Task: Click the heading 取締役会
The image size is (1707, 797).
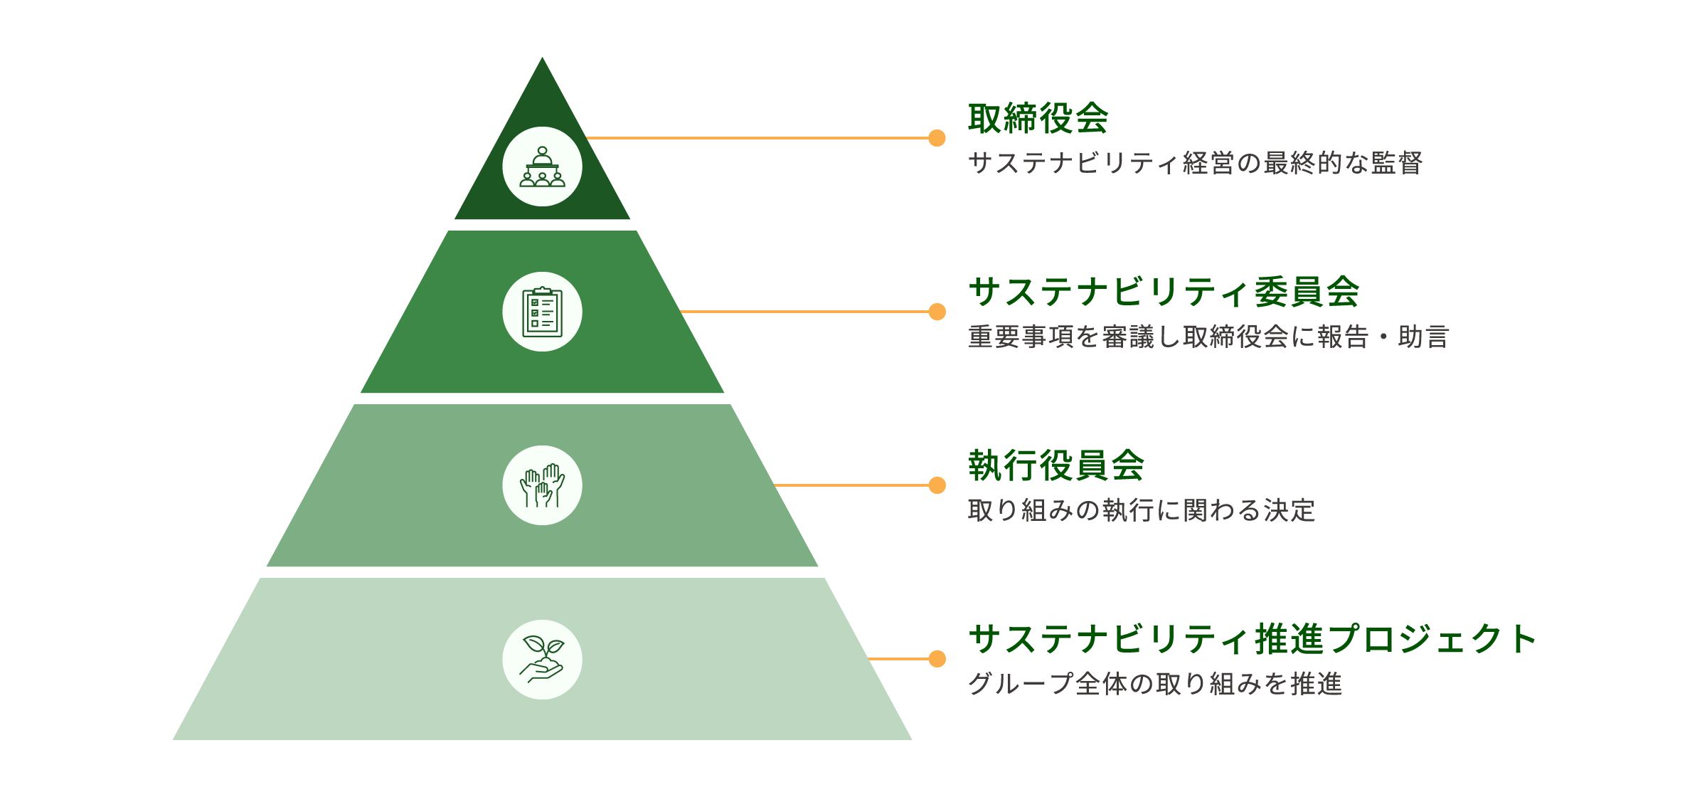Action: [x=1038, y=118]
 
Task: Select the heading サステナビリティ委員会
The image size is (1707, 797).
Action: [x=1164, y=292]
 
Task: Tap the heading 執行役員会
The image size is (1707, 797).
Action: [x=1056, y=465]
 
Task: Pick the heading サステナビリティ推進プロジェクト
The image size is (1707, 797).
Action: [x=1253, y=639]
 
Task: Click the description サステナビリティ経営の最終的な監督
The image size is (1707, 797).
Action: [x=1196, y=163]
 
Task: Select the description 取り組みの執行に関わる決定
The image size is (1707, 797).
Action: [x=1142, y=510]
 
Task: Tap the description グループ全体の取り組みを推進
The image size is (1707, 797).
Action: [x=1155, y=684]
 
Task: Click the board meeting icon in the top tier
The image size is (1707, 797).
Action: [x=542, y=167]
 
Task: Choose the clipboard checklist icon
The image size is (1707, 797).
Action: [x=542, y=312]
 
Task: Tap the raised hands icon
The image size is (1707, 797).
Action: [x=542, y=485]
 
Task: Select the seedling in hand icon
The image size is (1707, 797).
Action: [x=542, y=660]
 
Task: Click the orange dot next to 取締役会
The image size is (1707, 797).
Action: [x=937, y=138]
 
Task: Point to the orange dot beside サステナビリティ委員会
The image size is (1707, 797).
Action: [x=937, y=312]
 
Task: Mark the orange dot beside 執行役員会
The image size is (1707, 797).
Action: [x=937, y=485]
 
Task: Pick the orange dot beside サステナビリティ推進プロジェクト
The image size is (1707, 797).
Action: [x=937, y=659]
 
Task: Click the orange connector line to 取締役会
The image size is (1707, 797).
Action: [x=758, y=138]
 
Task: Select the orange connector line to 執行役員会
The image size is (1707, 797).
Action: [x=852, y=485]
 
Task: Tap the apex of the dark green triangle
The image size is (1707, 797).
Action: [x=542, y=58]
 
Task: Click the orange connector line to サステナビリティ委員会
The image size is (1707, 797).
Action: [x=805, y=312]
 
